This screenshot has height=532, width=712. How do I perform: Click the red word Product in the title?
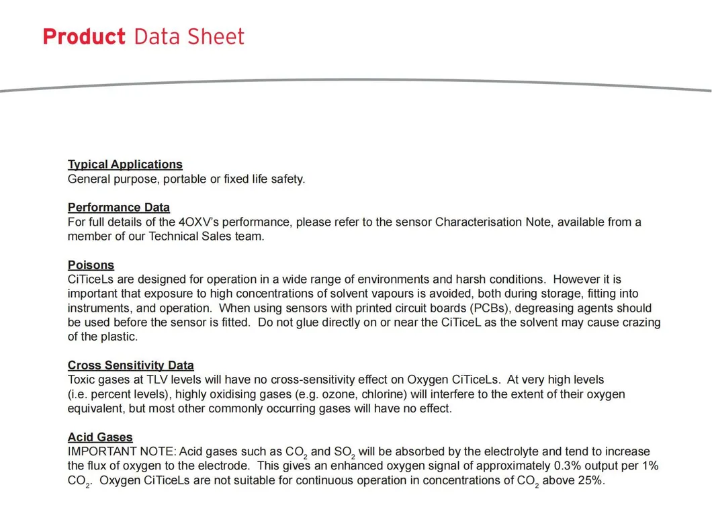(x=84, y=36)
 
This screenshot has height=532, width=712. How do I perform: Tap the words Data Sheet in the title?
(x=189, y=36)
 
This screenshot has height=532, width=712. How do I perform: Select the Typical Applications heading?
(x=125, y=165)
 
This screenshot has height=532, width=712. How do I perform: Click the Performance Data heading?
(x=119, y=208)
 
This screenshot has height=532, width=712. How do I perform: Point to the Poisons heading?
(x=91, y=265)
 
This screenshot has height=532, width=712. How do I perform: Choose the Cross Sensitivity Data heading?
(x=131, y=366)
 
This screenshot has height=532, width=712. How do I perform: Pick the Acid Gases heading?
(x=100, y=438)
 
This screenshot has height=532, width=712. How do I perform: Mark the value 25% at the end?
(x=590, y=481)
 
